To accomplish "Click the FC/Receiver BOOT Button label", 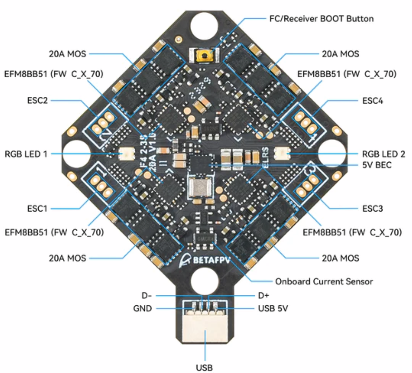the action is click(321, 19).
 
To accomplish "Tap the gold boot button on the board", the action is click(205, 56).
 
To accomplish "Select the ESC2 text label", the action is click(37, 100).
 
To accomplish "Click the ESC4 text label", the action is click(372, 100).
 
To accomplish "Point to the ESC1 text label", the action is click(37, 208).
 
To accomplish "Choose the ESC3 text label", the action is click(372, 208).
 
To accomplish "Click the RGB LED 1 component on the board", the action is click(127, 153).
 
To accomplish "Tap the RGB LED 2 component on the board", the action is click(282, 154).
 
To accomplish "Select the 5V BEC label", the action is click(377, 165).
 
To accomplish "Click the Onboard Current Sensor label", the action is click(324, 281).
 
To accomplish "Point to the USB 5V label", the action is click(273, 308).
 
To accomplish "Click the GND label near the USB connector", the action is click(142, 308).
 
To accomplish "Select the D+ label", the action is click(264, 296).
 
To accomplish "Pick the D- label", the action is click(147, 296).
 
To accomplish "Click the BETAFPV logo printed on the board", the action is click(205, 260).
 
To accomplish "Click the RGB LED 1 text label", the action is click(26, 154).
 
